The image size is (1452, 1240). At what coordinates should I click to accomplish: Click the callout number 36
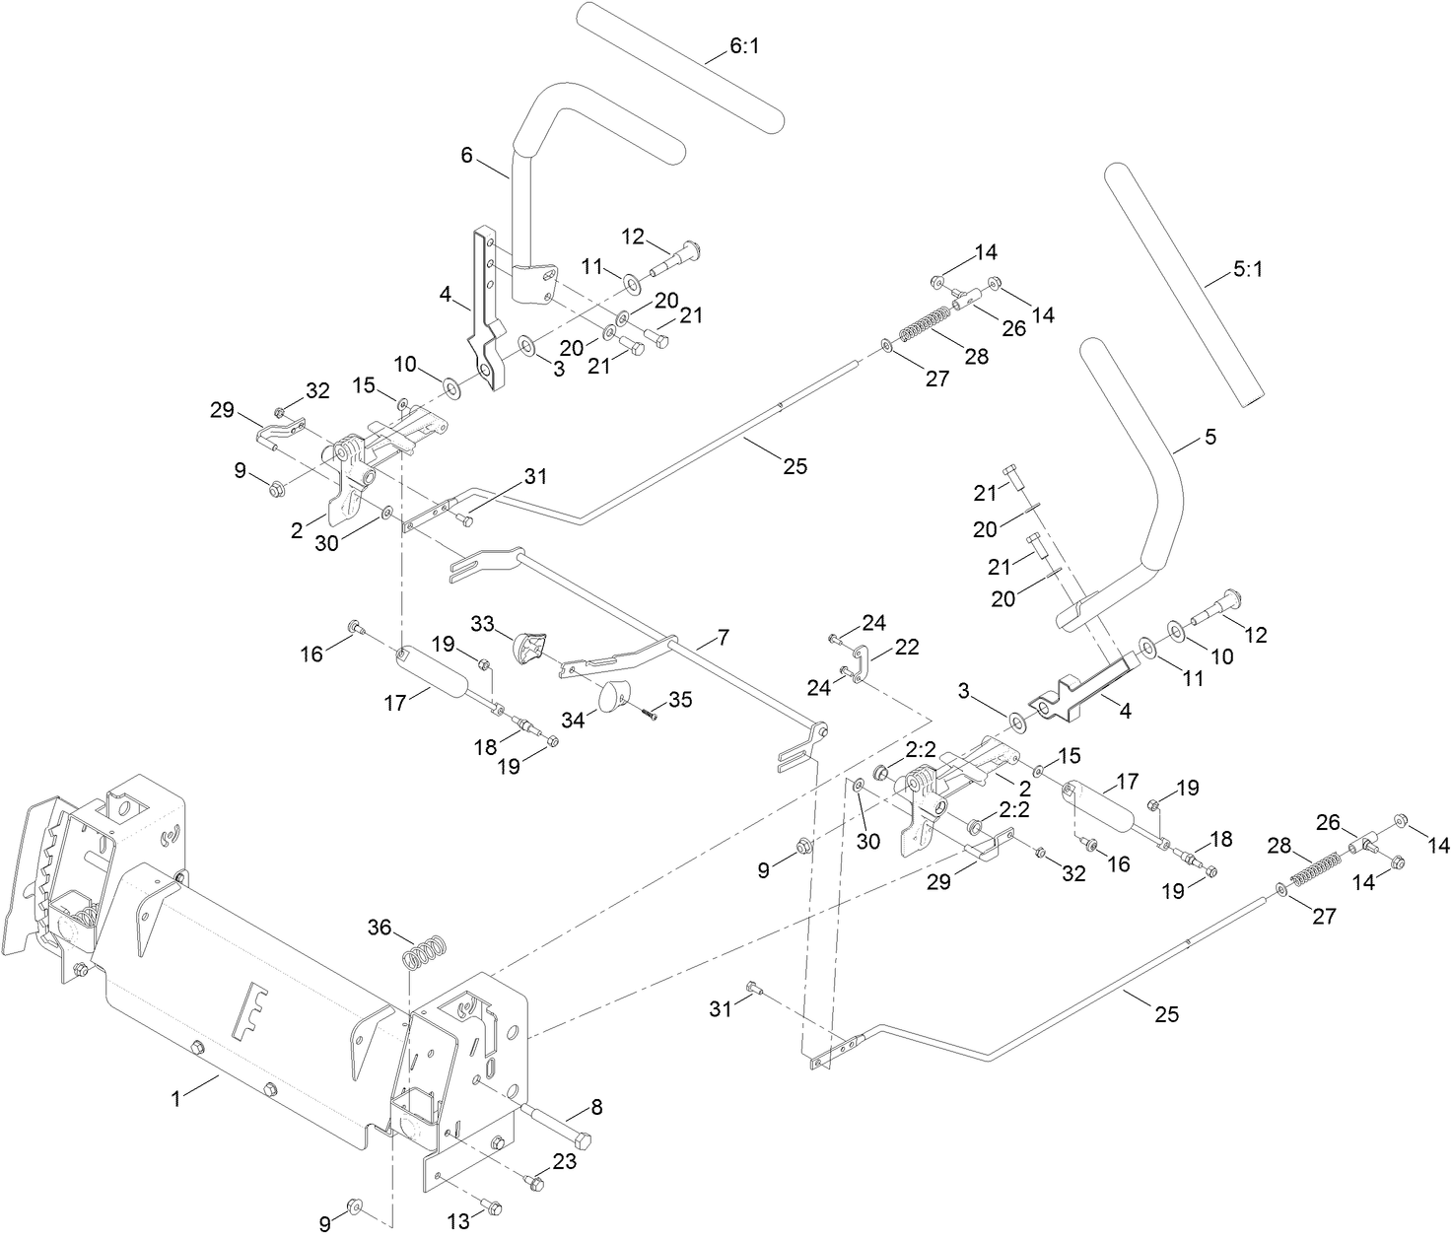[x=380, y=927]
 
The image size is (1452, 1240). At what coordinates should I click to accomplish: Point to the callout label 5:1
[x=1247, y=269]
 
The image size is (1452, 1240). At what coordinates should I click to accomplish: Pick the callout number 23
[x=564, y=1162]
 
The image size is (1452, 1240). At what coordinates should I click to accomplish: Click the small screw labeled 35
[x=652, y=713]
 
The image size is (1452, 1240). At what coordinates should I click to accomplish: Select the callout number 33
[x=482, y=624]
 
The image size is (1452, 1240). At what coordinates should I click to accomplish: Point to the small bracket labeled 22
[x=859, y=662]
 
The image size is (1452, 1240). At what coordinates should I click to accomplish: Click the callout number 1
[x=176, y=1096]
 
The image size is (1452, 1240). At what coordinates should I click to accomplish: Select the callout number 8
[x=596, y=1106]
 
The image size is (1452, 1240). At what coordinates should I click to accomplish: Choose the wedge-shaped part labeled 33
[x=528, y=650]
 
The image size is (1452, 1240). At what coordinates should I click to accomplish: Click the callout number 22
[x=907, y=647]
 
